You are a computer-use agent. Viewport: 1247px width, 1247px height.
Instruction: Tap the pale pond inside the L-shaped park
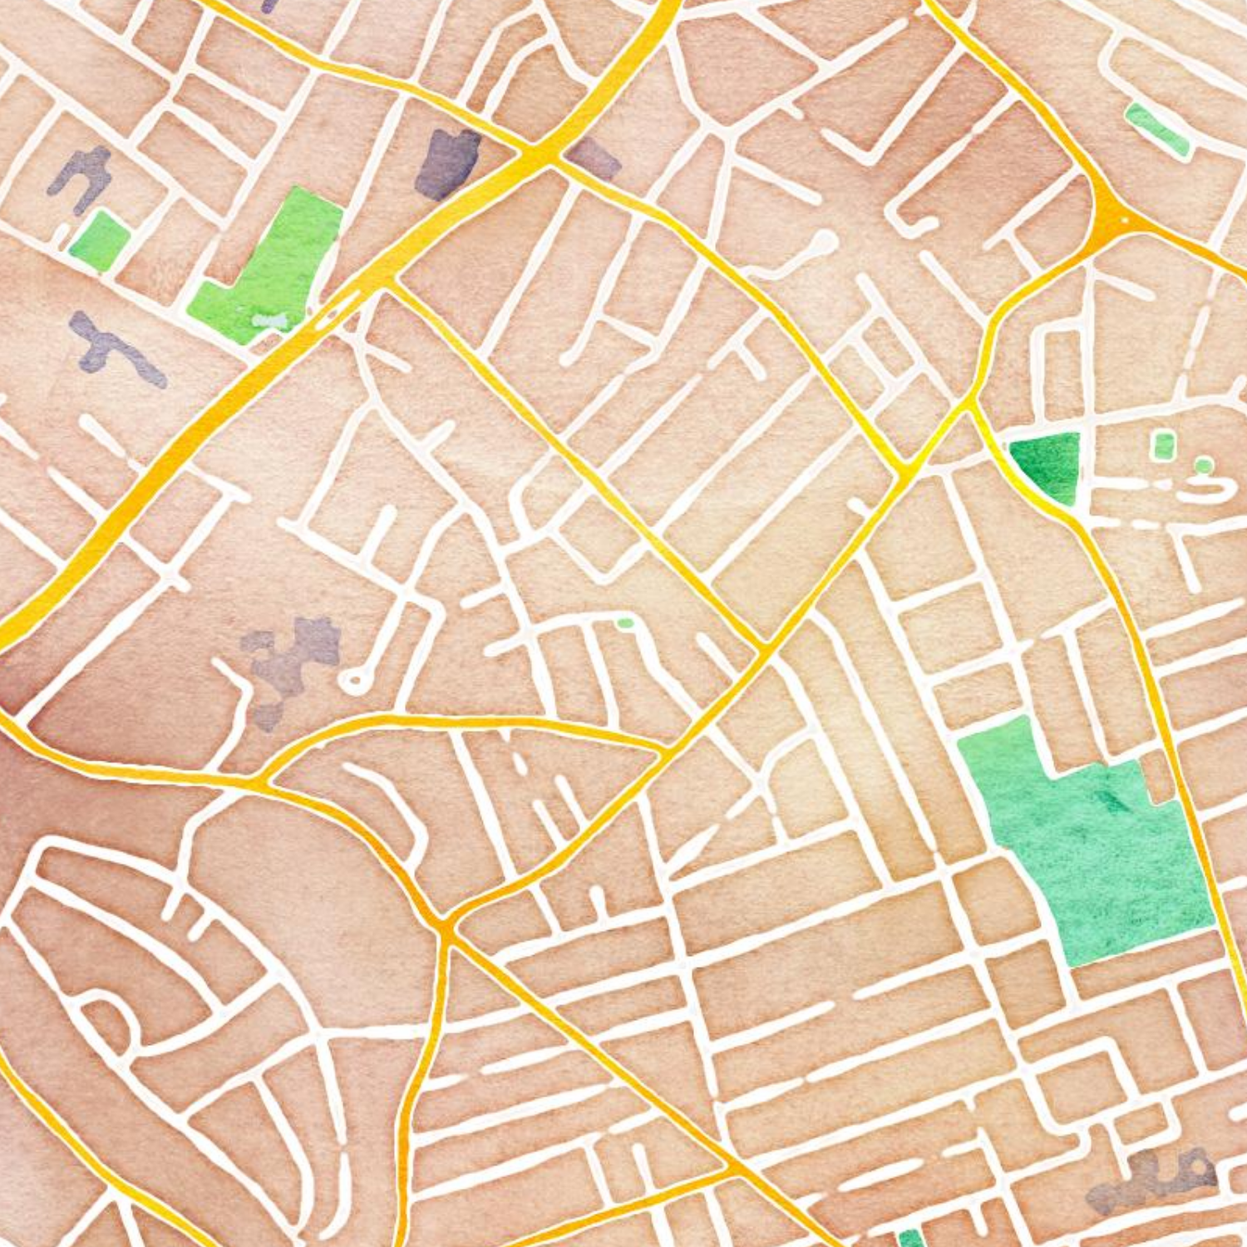click(x=269, y=320)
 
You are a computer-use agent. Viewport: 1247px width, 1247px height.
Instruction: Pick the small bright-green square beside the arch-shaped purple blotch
click(x=99, y=240)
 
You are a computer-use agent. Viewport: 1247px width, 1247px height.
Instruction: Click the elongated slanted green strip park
click(x=1157, y=129)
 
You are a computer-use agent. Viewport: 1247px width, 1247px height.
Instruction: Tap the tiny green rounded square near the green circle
click(x=1163, y=445)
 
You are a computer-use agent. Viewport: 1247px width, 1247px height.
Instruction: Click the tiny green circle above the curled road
click(x=1203, y=465)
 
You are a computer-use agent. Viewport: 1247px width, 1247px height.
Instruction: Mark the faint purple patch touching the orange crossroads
click(x=592, y=158)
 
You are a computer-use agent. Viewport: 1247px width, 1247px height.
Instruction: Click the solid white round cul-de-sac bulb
click(x=823, y=244)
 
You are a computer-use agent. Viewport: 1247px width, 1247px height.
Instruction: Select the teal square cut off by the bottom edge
click(x=911, y=1239)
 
